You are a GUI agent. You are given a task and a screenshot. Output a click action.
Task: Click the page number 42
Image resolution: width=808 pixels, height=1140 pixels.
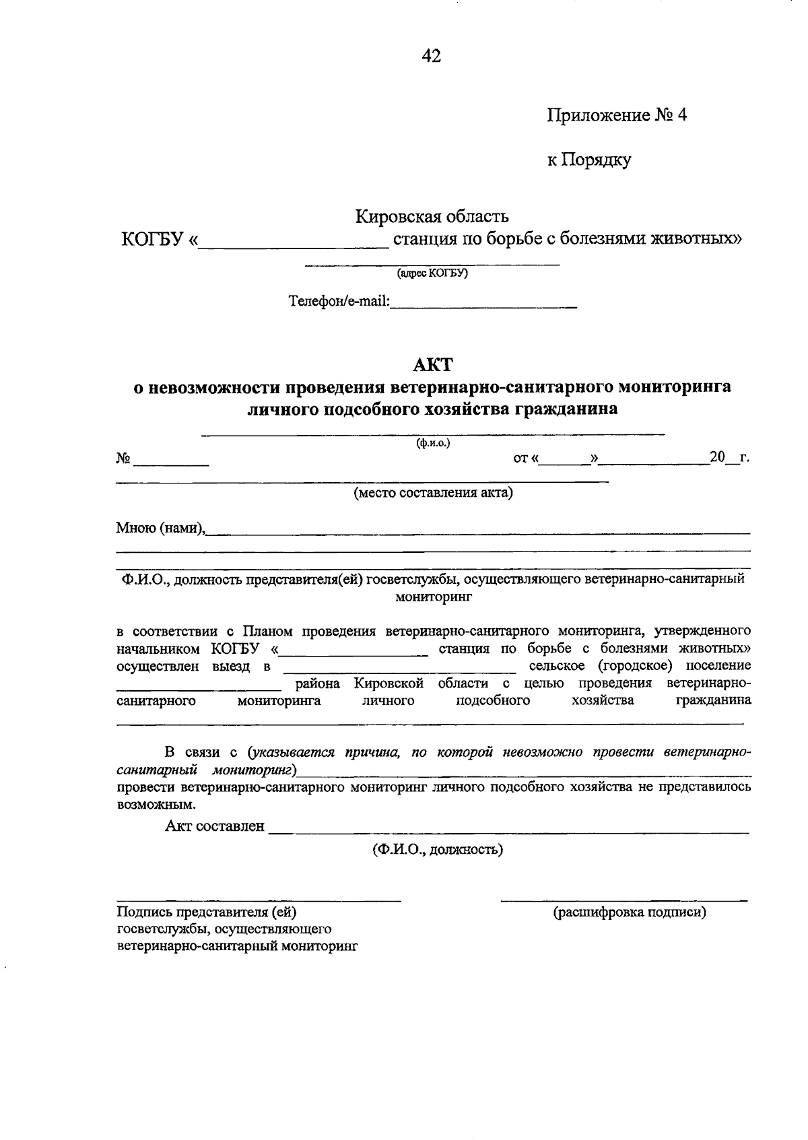(x=431, y=57)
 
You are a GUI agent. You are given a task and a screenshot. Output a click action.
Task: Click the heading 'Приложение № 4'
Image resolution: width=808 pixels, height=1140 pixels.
(x=616, y=115)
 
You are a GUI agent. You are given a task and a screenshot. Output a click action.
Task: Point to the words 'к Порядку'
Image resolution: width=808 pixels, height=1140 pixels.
(x=588, y=160)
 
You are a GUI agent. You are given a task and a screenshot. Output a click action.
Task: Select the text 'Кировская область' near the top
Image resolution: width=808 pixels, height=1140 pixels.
(x=432, y=217)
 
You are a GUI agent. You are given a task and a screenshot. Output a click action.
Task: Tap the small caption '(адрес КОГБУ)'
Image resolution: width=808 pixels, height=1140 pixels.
(x=432, y=273)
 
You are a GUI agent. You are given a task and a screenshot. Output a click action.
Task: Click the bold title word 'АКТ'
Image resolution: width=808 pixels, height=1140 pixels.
(x=432, y=365)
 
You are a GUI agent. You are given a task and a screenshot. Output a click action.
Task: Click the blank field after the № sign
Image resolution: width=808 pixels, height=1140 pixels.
(x=171, y=461)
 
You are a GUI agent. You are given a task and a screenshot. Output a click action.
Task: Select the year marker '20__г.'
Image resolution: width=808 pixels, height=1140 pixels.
(x=729, y=459)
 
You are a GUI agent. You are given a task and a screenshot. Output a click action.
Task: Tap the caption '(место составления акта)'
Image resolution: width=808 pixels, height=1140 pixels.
(x=434, y=493)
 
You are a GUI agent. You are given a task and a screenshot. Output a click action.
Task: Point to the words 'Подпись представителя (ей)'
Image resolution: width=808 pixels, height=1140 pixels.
(x=207, y=912)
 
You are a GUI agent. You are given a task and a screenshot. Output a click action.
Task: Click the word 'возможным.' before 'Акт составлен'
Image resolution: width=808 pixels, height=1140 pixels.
(x=156, y=804)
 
